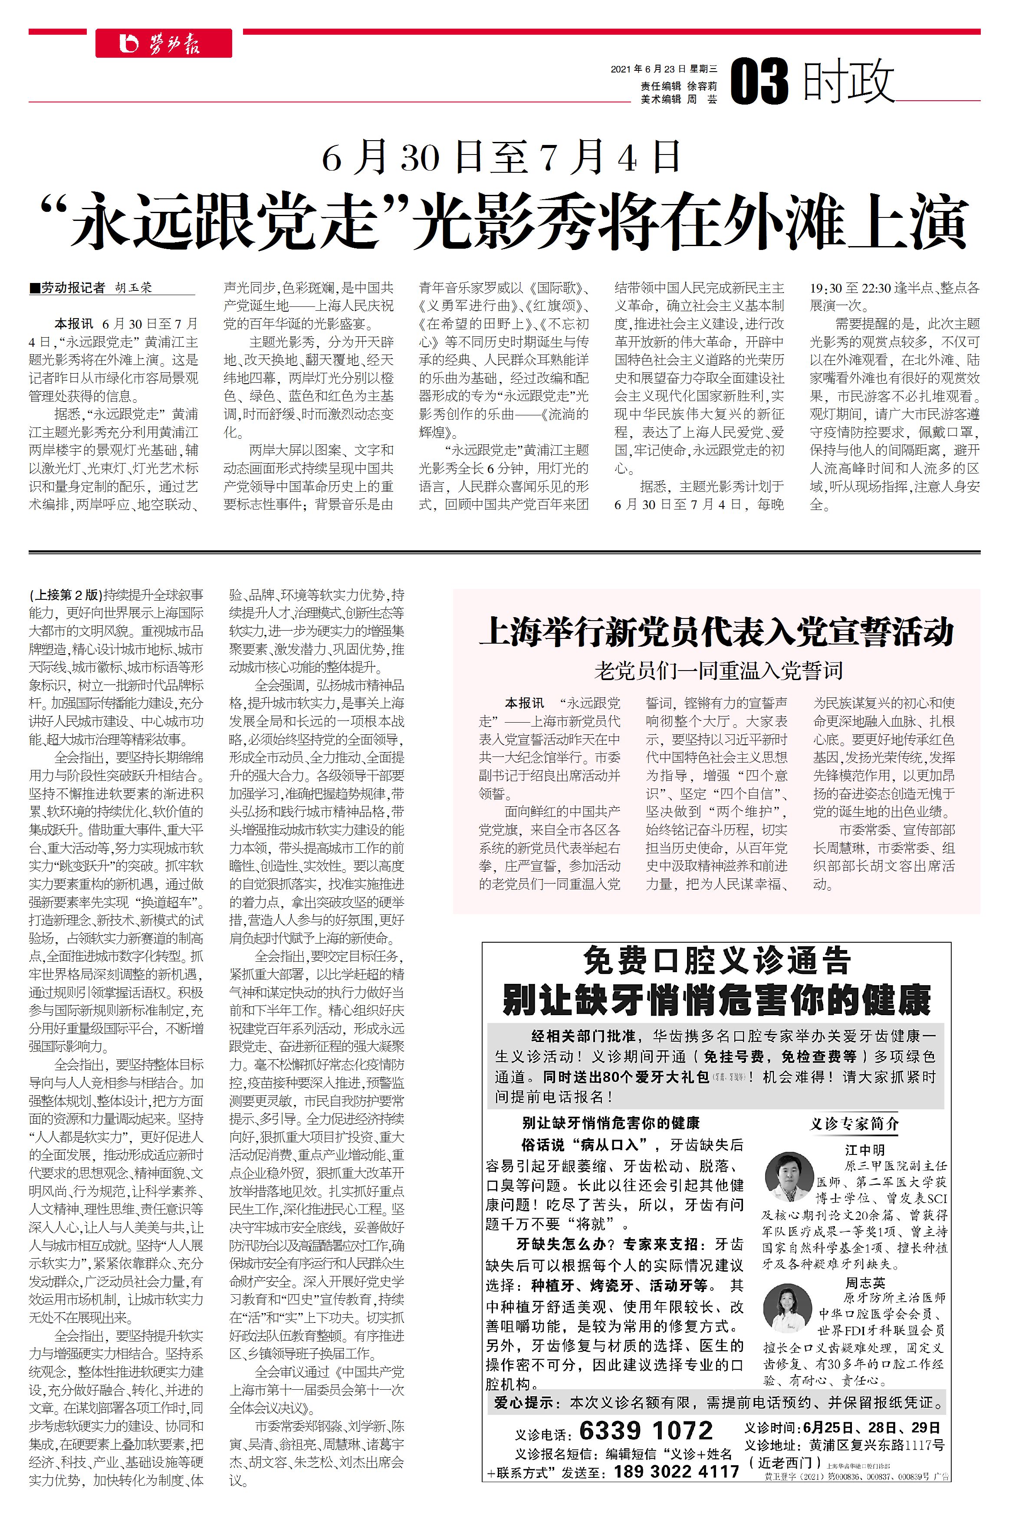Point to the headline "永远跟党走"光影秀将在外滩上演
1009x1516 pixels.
coord(504,222)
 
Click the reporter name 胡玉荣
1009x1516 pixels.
coord(134,288)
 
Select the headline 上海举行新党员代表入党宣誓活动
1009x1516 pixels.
coord(716,631)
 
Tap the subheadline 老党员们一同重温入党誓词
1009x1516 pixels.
coord(717,671)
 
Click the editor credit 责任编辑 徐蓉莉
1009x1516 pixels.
coord(678,86)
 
